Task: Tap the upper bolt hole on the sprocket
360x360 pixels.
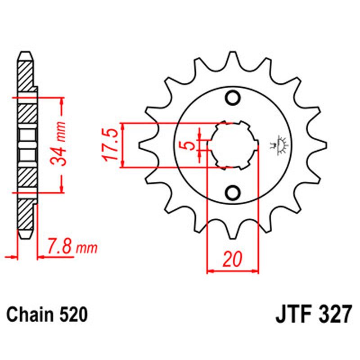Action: tap(233, 98)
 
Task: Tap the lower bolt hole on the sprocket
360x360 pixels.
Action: tap(233, 193)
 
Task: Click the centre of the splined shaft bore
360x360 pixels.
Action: tap(233, 145)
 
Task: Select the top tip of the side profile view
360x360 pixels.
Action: tap(26, 54)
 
